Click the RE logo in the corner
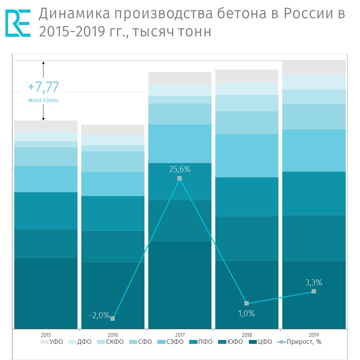point(18,23)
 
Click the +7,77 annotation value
point(43,87)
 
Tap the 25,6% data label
point(180,169)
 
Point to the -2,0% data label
point(99,315)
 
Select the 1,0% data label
point(247,313)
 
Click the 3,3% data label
point(314,282)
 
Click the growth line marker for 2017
point(180,178)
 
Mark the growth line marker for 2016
point(113,318)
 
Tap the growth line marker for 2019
point(314,291)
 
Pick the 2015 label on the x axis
point(46,335)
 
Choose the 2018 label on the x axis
point(247,335)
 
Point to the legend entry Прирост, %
point(300,342)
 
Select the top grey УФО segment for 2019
point(314,68)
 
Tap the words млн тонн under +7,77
point(43,100)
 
